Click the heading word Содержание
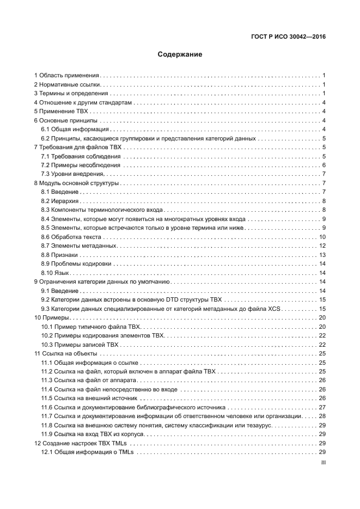coord(180,54)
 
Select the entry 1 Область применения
coord(66,76)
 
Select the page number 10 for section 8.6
coord(322,237)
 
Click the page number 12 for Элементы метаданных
coord(322,246)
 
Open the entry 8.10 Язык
coord(56,273)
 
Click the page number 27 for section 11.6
coord(322,407)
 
